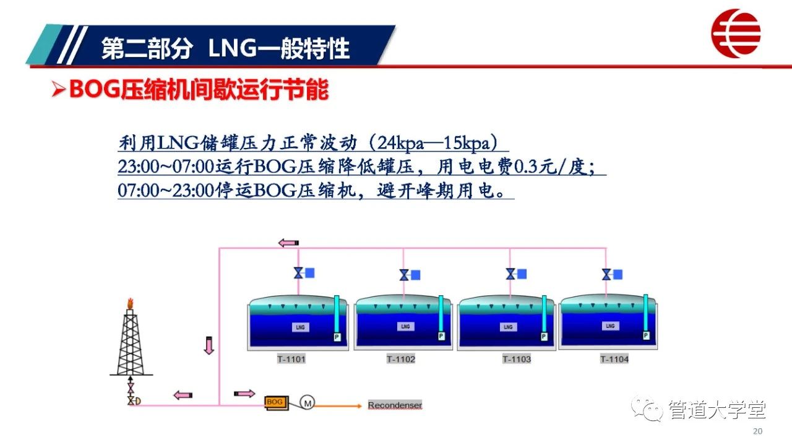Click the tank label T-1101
pyautogui.click(x=291, y=360)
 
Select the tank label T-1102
pyautogui.click(x=400, y=360)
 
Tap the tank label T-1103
pyautogui.click(x=517, y=360)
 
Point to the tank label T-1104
pyautogui.click(x=614, y=360)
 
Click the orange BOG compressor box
pyautogui.click(x=277, y=403)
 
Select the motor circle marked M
pyautogui.click(x=308, y=403)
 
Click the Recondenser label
pyautogui.click(x=395, y=405)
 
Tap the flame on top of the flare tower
pyautogui.click(x=130, y=303)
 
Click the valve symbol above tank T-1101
pyautogui.click(x=298, y=273)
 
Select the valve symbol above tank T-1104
pyautogui.click(x=606, y=275)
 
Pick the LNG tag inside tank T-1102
pyautogui.click(x=405, y=326)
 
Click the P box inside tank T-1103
pyautogui.click(x=544, y=337)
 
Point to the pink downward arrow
pyautogui.click(x=209, y=345)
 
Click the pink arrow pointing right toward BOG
pyautogui.click(x=244, y=394)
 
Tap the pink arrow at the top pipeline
pyautogui.click(x=288, y=243)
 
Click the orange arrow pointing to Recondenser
pyautogui.click(x=338, y=406)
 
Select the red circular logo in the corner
pyautogui.click(x=736, y=33)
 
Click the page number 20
pyautogui.click(x=757, y=431)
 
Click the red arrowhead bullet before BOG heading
pyautogui.click(x=58, y=89)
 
